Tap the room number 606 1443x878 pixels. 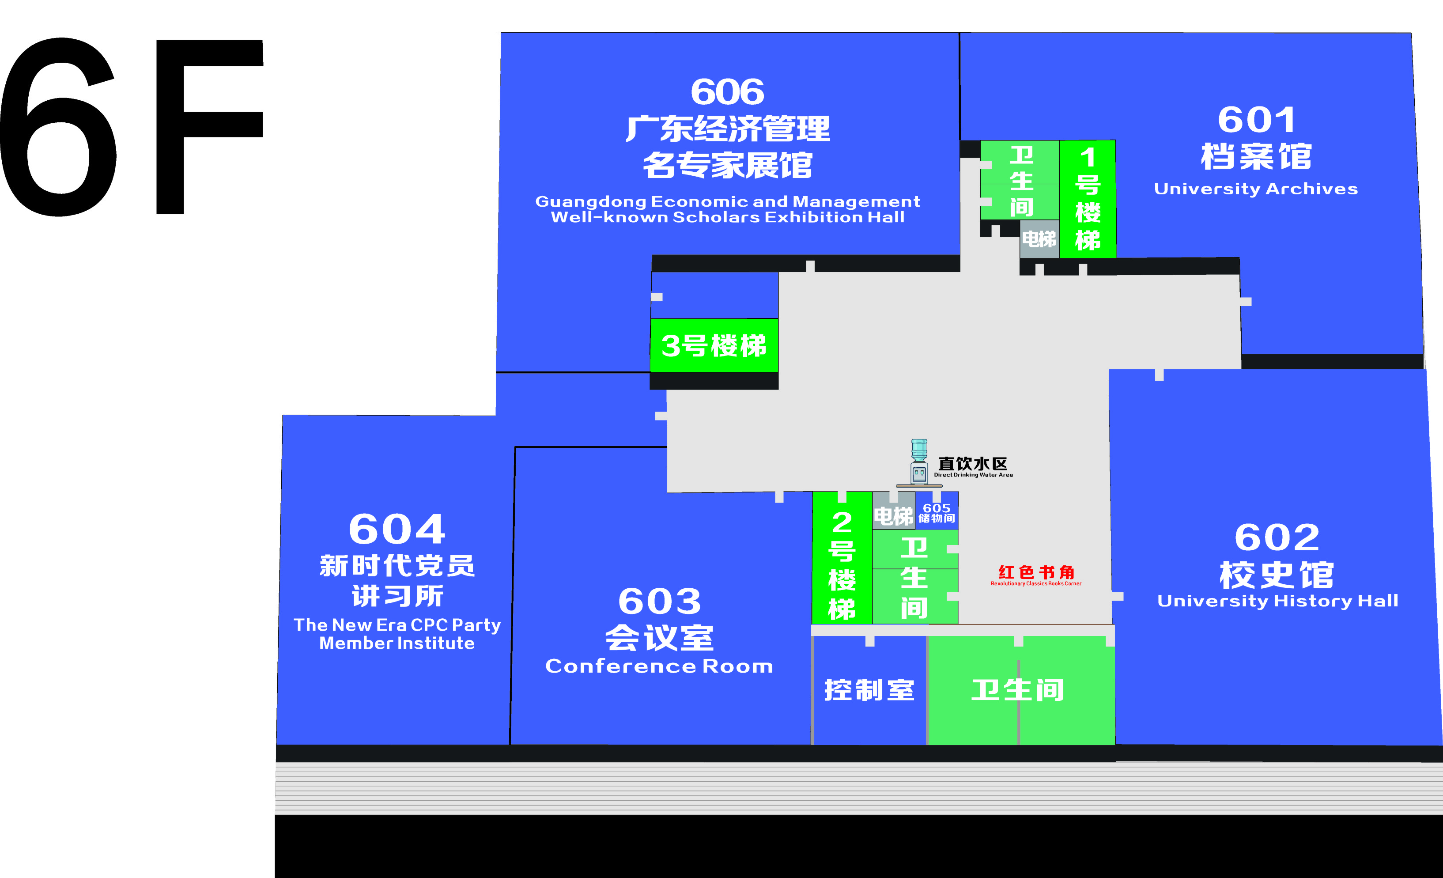coord(727,92)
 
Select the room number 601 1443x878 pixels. coord(1257,120)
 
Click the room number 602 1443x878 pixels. coord(1277,537)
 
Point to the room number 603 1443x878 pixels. coord(659,602)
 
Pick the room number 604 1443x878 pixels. coord(397,530)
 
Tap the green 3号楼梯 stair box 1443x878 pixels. coord(714,345)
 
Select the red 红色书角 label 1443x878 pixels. coord(1036,572)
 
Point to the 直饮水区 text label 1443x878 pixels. coord(972,464)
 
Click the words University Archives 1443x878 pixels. coord(1256,189)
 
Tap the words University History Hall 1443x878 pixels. coord(1277,601)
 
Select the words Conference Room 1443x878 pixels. coord(659,666)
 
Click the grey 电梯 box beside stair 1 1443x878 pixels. coord(1039,239)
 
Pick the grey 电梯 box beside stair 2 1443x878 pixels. coord(893,516)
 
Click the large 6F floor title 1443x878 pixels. coord(132,126)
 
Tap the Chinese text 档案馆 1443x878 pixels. coord(1256,157)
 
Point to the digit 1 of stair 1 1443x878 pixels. coord(1088,157)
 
